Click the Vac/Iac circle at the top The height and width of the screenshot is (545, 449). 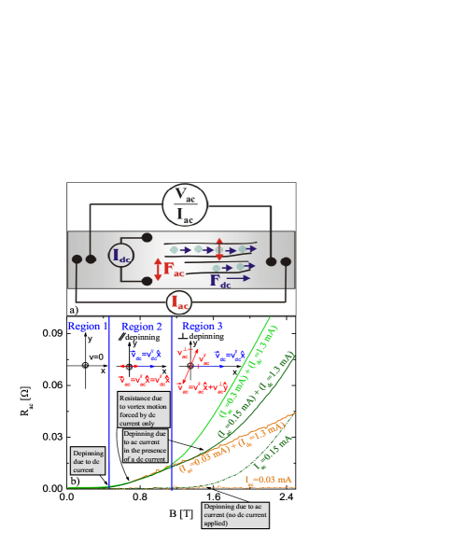[x=186, y=205]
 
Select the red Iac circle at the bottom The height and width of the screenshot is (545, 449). [x=180, y=301]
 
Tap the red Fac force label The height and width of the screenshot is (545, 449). [x=175, y=271]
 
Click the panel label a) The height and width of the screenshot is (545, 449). [x=73, y=309]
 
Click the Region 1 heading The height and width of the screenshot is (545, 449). [x=88, y=327]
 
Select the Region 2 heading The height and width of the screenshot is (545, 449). [x=142, y=327]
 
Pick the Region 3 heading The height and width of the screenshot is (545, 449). [x=203, y=327]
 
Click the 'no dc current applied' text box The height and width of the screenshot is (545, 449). [x=235, y=514]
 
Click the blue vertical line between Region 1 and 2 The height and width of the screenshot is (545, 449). [x=109, y=401]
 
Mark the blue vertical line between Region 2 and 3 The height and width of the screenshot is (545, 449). [x=173, y=401]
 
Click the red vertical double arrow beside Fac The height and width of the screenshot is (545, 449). [x=158, y=270]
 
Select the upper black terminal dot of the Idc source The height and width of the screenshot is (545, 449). [x=147, y=238]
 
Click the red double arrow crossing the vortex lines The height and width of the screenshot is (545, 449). [x=219, y=250]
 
